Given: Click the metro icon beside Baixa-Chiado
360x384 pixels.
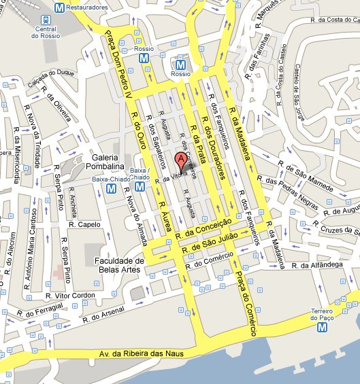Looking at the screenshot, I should (x=140, y=186).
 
